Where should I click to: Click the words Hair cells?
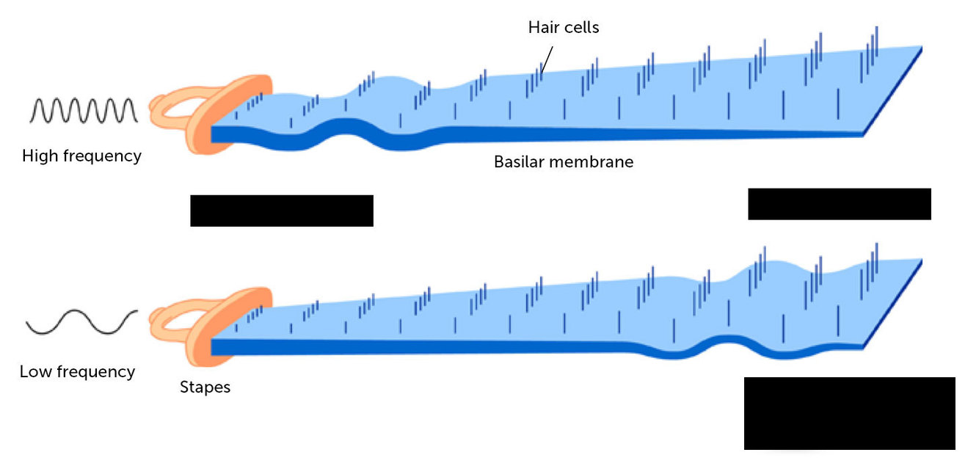(564, 28)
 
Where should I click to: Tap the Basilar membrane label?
(563, 161)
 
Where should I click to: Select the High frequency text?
(81, 156)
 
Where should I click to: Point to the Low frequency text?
(77, 372)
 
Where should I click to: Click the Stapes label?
(205, 387)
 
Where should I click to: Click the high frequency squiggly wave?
(83, 110)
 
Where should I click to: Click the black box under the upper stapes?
(282, 211)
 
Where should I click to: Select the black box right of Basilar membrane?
(839, 204)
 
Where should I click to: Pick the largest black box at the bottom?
(849, 413)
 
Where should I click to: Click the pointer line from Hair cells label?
(547, 54)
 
